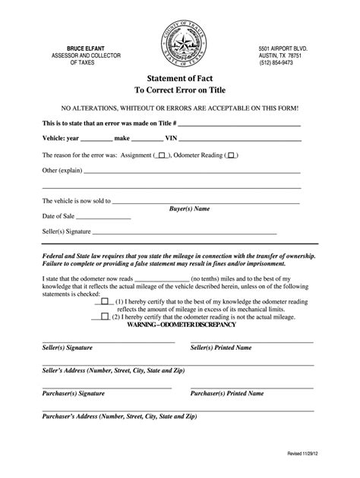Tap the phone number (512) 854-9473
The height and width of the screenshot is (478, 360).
point(277,64)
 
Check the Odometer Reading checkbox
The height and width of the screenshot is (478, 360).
point(232,155)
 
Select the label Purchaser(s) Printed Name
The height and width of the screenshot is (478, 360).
point(227,394)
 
